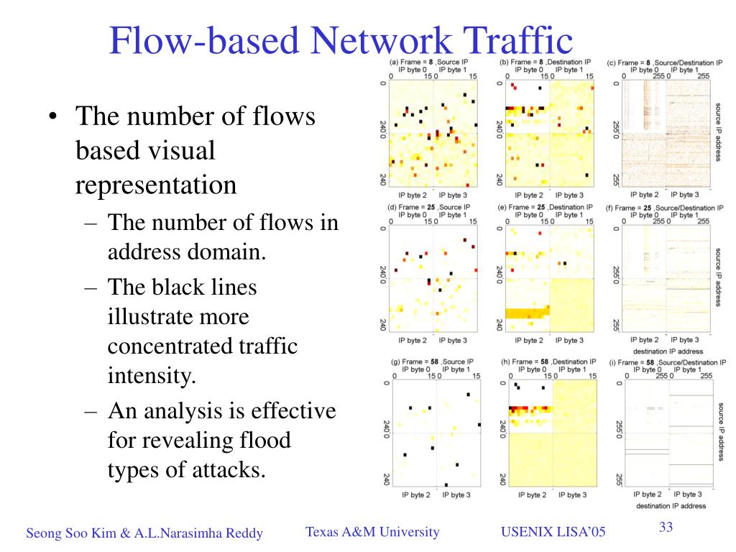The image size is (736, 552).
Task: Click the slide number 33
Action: [666, 528]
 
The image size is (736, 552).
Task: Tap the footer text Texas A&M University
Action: [372, 532]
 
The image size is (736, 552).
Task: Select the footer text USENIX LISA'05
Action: [553, 532]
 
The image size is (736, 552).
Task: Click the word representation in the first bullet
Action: [156, 185]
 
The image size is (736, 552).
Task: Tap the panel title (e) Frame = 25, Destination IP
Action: [546, 207]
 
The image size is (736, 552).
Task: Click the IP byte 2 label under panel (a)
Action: [412, 195]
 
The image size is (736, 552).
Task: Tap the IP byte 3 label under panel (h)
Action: [572, 494]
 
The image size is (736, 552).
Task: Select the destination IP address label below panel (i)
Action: [669, 506]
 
